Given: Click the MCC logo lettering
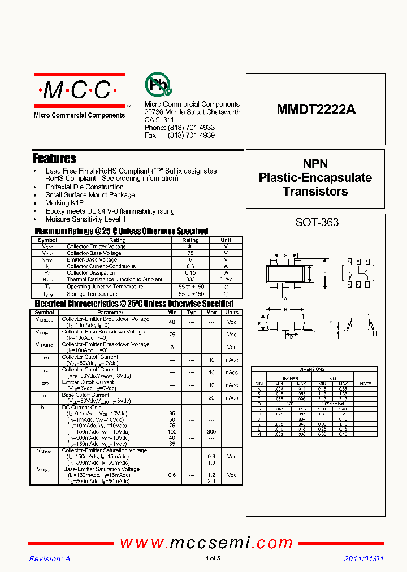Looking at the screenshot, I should pyautogui.click(x=79, y=90).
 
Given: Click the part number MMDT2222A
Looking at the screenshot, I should pyautogui.click(x=316, y=110).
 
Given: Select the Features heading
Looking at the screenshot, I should pyautogui.click(x=54, y=159).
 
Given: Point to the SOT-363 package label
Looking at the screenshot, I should pyautogui.click(x=317, y=222).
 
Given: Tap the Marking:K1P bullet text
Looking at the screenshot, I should pyautogui.click(x=64, y=203).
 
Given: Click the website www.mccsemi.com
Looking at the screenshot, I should pyautogui.click(x=206, y=543).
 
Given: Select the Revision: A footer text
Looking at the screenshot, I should pyautogui.click(x=50, y=558).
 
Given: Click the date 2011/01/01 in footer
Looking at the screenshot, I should pyautogui.click(x=363, y=558).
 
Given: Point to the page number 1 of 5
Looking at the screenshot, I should pyautogui.click(x=214, y=558).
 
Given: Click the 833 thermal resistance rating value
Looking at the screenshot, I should pyautogui.click(x=190, y=279).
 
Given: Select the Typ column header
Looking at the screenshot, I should pyautogui.click(x=192, y=312).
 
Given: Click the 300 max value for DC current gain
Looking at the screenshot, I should pyautogui.click(x=211, y=432).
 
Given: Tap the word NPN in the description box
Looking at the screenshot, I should pyautogui.click(x=315, y=163).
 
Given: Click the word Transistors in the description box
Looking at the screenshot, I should pyautogui.click(x=315, y=191).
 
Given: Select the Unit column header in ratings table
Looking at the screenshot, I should pyautogui.click(x=226, y=240).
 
